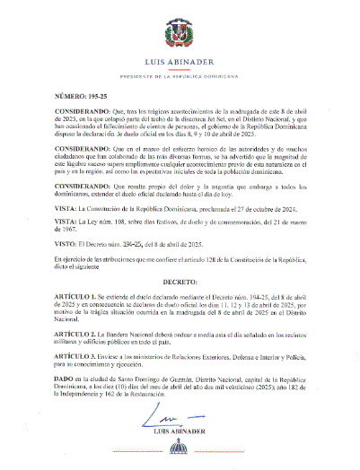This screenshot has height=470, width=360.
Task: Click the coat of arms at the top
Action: (x=180, y=36)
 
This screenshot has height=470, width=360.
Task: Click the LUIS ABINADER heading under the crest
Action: (x=180, y=63)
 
